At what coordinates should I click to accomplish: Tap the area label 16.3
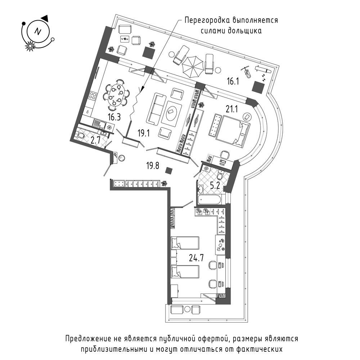pos(114,117)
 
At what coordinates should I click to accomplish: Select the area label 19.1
pos(144,133)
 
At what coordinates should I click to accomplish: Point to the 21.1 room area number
pos(231,109)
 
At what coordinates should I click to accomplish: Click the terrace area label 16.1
pos(233,81)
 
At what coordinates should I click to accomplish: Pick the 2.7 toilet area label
pos(95,140)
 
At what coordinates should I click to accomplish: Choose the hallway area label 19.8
pos(153,165)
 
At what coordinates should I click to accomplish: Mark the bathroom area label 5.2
pos(215,185)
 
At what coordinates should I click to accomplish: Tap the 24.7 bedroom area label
pos(196,258)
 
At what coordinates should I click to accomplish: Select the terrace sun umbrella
pos(193,67)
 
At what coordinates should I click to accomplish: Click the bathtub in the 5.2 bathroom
pos(209,199)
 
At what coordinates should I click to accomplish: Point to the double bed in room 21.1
pos(232,130)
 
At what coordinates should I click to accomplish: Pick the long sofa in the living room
pos(156,109)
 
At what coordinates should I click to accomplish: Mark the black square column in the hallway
pos(169,171)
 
